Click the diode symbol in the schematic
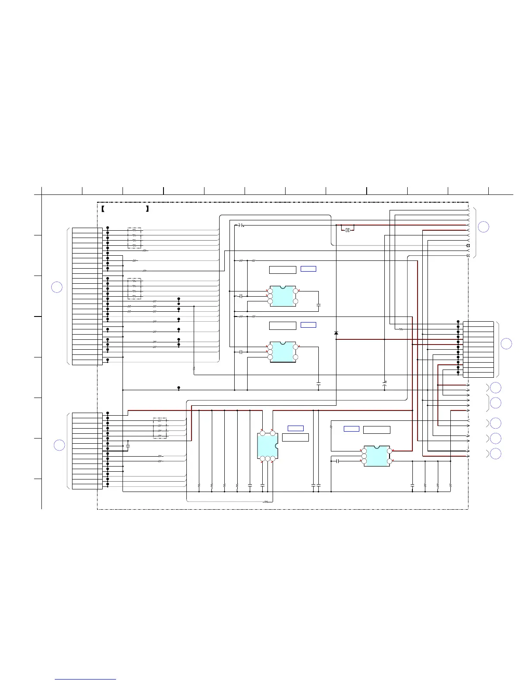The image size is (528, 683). pos(336,333)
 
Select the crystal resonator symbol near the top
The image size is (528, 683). pos(348,230)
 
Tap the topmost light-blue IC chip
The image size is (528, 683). pos(283,296)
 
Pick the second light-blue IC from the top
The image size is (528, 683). pos(283,352)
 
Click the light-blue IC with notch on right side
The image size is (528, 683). pos(267,446)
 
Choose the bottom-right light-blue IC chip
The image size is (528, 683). pos(377,456)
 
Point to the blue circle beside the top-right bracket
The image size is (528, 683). pos(484,227)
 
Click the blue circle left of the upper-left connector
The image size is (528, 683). pos(57,287)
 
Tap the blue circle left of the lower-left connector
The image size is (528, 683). pos(59,445)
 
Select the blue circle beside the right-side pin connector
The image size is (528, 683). pos(506,343)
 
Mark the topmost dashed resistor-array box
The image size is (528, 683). pos(134,238)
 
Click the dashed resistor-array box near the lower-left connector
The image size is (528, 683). pos(160,428)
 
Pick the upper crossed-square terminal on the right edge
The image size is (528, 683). pos(468,245)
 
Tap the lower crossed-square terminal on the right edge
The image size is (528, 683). pos(468,256)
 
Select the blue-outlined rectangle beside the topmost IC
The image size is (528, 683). pos(308,269)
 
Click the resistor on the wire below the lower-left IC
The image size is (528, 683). pos(266,501)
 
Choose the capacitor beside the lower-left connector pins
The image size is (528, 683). pos(128,444)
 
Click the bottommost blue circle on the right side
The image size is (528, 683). pos(496,454)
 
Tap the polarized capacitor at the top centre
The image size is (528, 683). pos(241,225)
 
